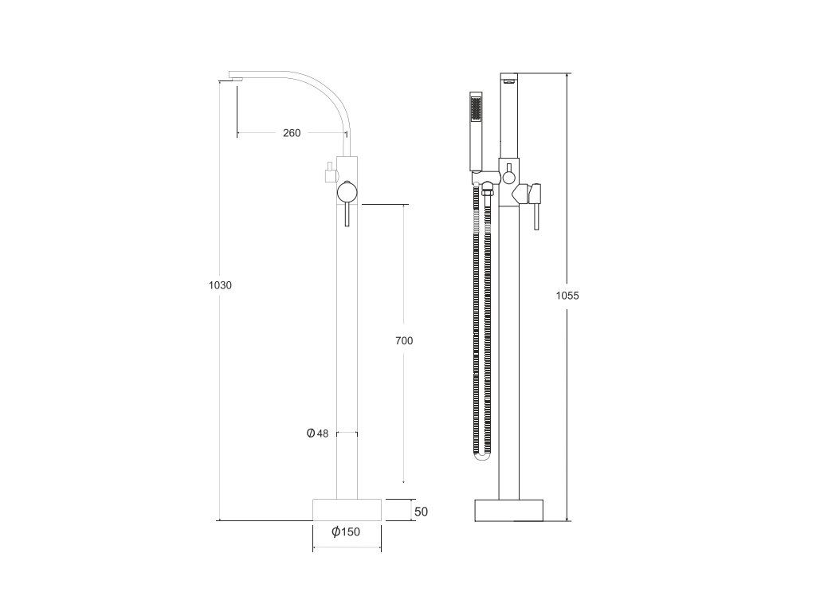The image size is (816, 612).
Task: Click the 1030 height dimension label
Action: click(220, 285)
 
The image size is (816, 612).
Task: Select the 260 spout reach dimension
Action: click(292, 133)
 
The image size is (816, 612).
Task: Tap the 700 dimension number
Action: click(404, 341)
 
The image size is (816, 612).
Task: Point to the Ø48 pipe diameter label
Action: click(317, 433)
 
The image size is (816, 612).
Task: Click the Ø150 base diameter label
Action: click(346, 532)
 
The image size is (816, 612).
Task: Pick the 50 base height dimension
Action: click(421, 512)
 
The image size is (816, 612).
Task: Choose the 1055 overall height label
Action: click(567, 296)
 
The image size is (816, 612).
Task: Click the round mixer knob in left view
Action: click(347, 192)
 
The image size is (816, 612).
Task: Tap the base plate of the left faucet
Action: click(347, 509)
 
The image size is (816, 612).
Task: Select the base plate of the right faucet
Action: click(509, 511)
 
